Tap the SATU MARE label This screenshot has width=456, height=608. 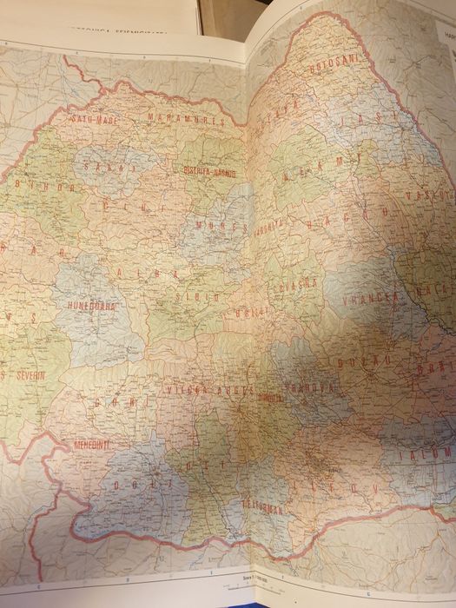(x=94, y=119)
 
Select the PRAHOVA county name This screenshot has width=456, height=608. (x=308, y=387)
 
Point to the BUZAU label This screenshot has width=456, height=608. (x=357, y=360)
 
